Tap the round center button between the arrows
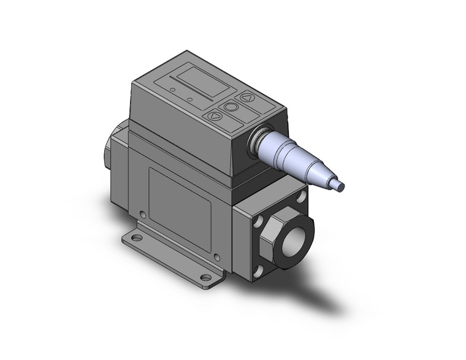[231, 107]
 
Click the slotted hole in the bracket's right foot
[206, 278]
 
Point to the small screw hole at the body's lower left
[143, 215]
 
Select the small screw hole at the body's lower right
[216, 256]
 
